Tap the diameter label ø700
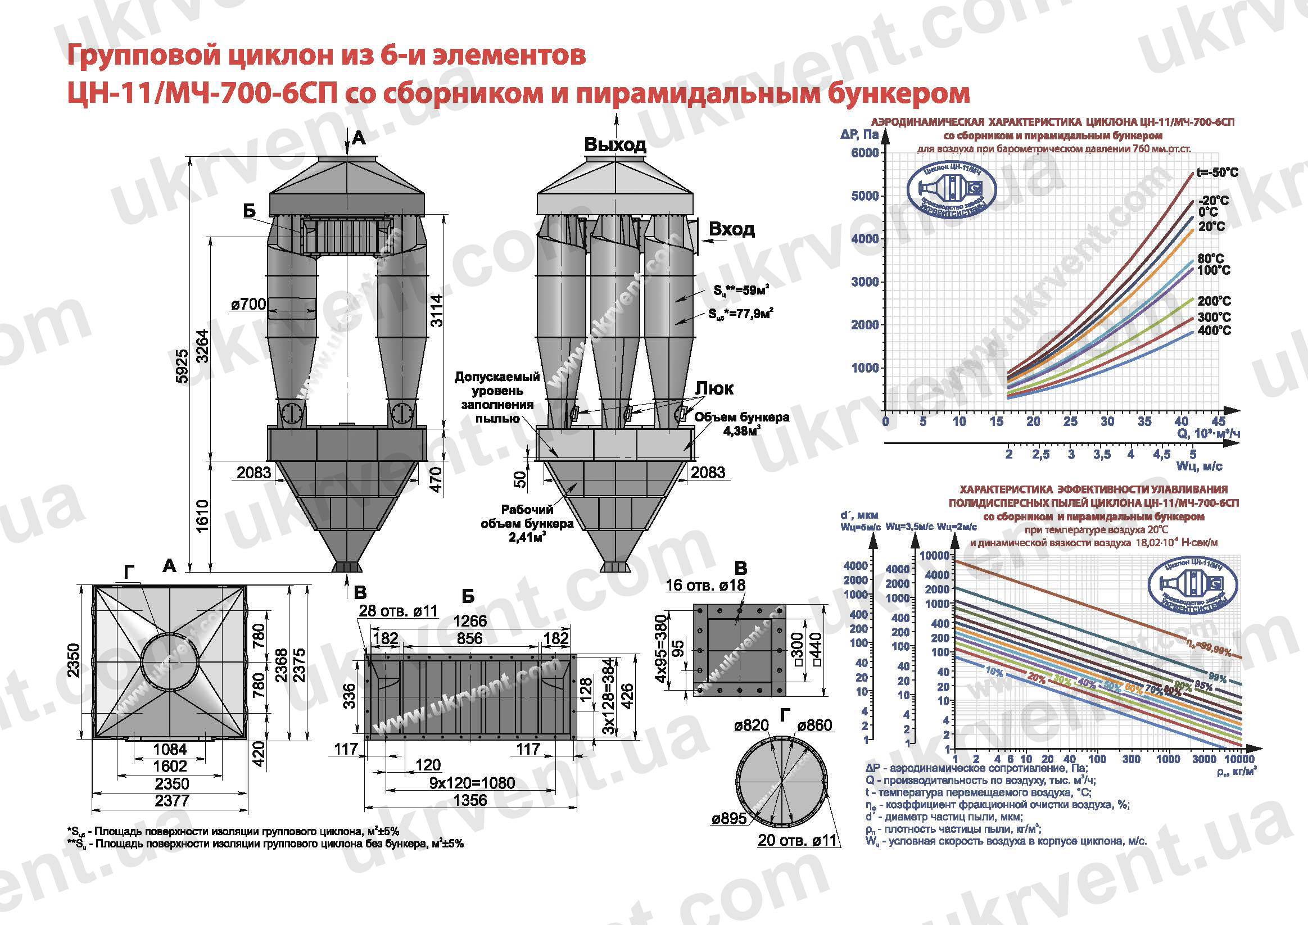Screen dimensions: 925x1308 coord(248,304)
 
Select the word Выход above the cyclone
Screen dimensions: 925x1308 coord(615,144)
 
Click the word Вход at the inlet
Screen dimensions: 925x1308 coord(731,229)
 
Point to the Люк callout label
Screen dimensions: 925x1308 coord(714,388)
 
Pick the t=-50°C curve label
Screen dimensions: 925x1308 coord(1217,173)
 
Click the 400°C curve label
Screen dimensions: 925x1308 coord(1214,330)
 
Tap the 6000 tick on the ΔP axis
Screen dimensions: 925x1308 coord(865,153)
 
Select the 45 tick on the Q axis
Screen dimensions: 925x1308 coord(1219,421)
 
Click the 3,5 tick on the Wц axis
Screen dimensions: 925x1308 coord(1101,455)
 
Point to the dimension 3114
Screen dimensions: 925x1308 coord(436,310)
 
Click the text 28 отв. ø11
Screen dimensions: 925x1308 coord(398,611)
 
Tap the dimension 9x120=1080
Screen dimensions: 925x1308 coord(472,783)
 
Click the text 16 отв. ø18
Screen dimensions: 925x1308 coord(705,585)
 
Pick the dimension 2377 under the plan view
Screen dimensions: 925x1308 coord(171,801)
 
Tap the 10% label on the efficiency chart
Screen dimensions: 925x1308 coord(994,672)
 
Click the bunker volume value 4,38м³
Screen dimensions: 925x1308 coord(743,432)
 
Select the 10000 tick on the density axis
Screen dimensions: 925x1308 coord(1238,759)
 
